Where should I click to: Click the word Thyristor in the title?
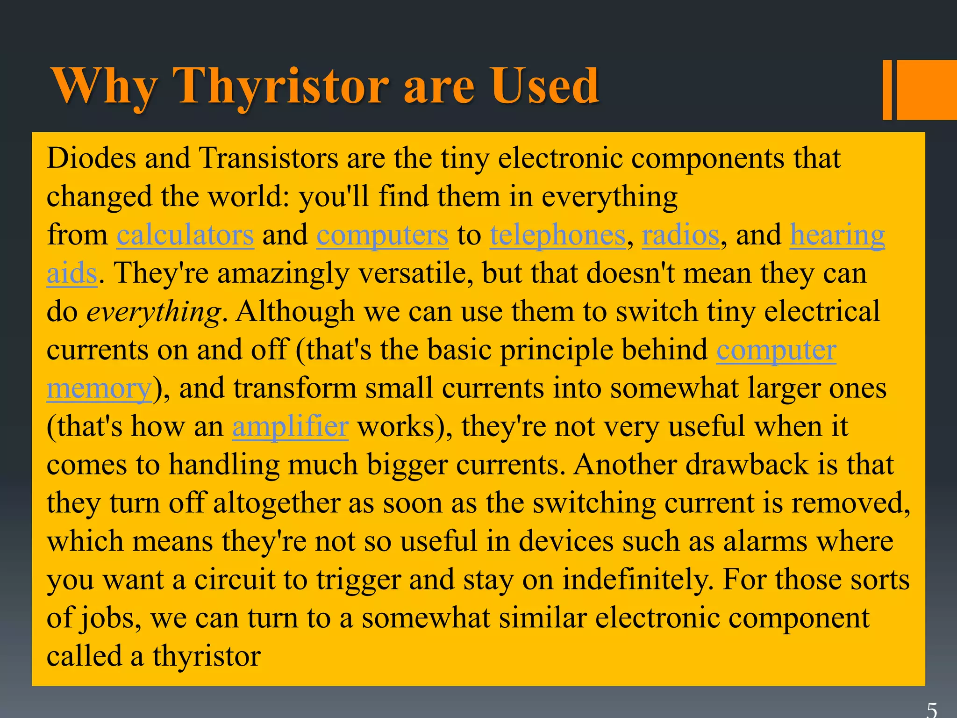point(280,86)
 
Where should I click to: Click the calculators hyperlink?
point(185,235)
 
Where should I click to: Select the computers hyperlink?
point(382,235)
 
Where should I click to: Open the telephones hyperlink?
point(557,235)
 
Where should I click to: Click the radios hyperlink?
point(680,235)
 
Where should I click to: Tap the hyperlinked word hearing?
point(837,235)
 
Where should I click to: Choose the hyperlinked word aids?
point(71,273)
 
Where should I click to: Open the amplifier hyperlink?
point(290,426)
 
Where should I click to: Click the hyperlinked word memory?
point(99,388)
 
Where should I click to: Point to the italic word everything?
point(154,312)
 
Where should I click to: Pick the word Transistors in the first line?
point(269,158)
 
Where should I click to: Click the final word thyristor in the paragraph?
point(207,656)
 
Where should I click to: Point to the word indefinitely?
point(638,580)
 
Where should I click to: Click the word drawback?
point(747,465)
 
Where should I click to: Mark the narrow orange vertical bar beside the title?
point(887,90)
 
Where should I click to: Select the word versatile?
point(413,273)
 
